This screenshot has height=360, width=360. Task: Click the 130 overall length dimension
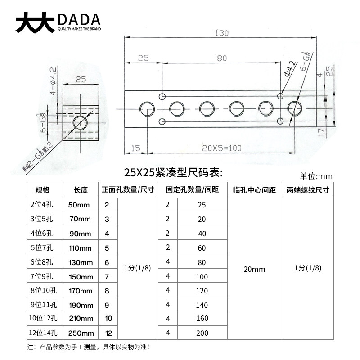222,33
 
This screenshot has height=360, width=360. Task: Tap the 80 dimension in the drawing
221,58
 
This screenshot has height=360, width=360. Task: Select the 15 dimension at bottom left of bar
136,148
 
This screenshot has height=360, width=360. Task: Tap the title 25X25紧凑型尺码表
174,172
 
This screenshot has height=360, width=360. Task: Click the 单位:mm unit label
315,176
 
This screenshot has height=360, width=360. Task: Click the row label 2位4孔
42,205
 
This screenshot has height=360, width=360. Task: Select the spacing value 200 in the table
202,333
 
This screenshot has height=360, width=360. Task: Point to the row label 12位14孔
44,333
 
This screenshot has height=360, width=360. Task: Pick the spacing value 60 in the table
202,248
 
